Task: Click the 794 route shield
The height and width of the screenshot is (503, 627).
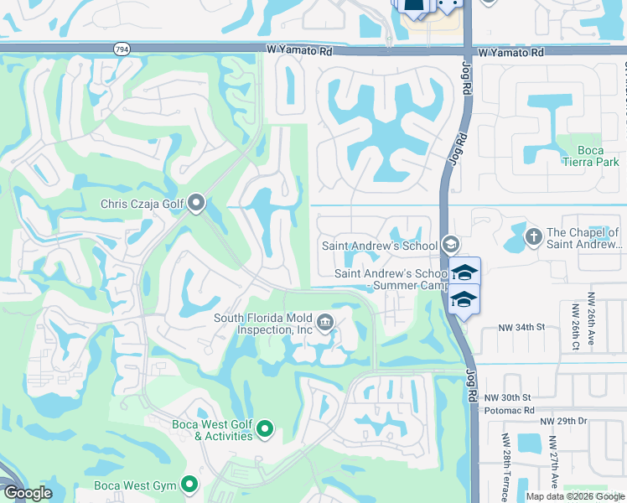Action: (x=122, y=49)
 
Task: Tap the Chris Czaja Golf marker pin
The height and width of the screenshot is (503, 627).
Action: (x=197, y=203)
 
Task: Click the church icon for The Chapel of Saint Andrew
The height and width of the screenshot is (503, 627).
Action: (x=533, y=236)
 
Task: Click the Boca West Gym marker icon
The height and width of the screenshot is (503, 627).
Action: (x=189, y=485)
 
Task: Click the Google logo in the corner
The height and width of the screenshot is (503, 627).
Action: (x=28, y=493)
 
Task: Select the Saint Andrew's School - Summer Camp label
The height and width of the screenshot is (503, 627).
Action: (x=391, y=279)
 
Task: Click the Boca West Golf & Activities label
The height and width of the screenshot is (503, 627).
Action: (x=211, y=431)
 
